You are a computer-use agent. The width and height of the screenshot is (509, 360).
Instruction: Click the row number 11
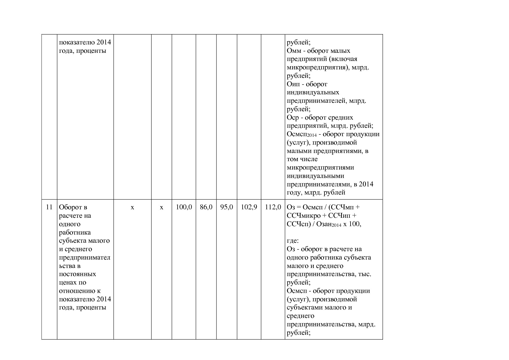click(x=49, y=207)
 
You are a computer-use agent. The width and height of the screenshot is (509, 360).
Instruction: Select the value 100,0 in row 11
click(x=184, y=207)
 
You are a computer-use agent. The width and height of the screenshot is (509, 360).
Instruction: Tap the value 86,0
click(x=206, y=207)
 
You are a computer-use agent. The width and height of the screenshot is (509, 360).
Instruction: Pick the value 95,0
click(x=227, y=207)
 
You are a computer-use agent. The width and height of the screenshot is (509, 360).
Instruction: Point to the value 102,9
click(x=249, y=207)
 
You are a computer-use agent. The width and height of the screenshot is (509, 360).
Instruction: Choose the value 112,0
click(x=273, y=207)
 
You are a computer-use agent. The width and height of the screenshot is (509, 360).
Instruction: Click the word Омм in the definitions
click(x=294, y=51)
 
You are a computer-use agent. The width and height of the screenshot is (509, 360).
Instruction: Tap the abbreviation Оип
click(x=293, y=84)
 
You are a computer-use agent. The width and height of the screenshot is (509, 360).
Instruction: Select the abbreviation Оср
click(x=293, y=118)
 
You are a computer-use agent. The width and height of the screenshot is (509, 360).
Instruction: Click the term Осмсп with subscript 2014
click(x=302, y=134)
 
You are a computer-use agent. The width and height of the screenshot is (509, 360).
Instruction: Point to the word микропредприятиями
click(x=320, y=168)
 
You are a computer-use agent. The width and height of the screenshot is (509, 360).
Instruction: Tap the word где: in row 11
click(x=293, y=241)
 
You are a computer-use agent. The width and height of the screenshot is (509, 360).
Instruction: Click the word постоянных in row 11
click(x=77, y=274)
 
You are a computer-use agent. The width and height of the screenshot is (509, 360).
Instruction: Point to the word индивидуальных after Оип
click(x=313, y=93)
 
